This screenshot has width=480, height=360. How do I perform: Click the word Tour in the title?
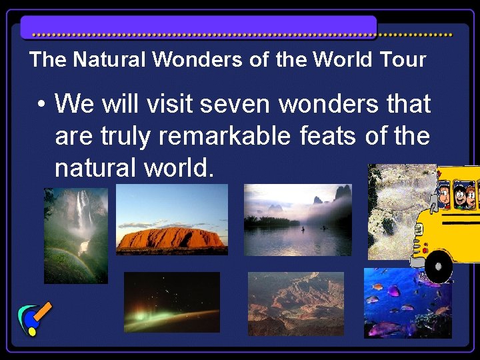pyautogui.click(x=403, y=59)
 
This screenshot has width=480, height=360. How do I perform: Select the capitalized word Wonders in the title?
pyautogui.click(x=197, y=59)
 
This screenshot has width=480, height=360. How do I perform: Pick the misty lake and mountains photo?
pyautogui.click(x=297, y=220)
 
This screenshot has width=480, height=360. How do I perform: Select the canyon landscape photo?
pyautogui.click(x=295, y=303)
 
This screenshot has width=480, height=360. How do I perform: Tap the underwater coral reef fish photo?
pyautogui.click(x=407, y=304)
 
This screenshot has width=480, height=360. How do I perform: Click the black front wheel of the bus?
pyautogui.click(x=438, y=266)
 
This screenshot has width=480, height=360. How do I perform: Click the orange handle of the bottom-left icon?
pyautogui.click(x=43, y=311)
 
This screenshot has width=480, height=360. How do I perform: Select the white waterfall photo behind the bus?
pyautogui.click(x=390, y=213)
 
